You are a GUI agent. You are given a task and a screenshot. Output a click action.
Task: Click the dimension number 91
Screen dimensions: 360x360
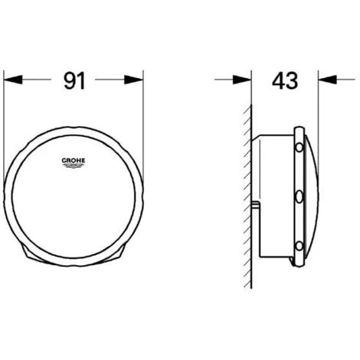coord(74,80)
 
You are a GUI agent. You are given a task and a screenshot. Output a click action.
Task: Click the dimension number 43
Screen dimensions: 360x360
coord(285,80)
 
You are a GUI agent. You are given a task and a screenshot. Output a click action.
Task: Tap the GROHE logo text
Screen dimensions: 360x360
coord(74,161)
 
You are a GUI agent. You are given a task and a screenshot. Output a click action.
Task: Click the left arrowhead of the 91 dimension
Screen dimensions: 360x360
coord(13,80)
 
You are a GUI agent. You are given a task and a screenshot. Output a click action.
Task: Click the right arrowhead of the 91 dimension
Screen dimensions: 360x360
coord(133,80)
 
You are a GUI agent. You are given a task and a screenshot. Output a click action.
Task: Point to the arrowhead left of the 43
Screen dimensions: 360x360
coord(242,80)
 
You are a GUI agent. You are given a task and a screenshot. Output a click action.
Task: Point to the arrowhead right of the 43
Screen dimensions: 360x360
coord(328,80)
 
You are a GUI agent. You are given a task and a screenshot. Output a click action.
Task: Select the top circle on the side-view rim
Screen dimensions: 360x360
coord(299,148)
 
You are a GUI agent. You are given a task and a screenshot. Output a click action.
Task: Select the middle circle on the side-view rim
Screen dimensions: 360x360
coord(299,197)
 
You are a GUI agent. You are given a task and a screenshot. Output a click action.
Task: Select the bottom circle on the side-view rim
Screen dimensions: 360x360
coord(299,246)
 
